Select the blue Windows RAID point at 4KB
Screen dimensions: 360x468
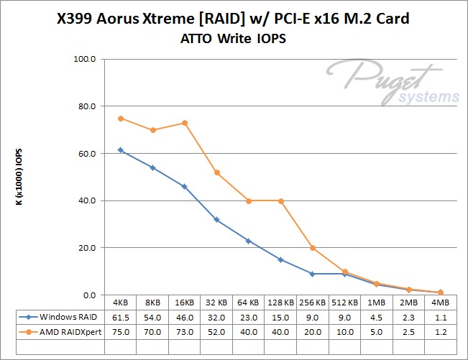121,150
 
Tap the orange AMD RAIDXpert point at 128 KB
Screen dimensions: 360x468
280,200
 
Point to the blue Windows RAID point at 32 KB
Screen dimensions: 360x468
216,220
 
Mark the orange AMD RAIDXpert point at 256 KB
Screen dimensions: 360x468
312,248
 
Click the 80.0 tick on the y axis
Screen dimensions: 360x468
85,106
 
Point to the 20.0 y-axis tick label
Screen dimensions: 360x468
85,248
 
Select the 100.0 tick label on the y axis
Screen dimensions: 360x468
83,59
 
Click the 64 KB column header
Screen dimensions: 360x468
248,303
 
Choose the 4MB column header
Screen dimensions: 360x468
440,303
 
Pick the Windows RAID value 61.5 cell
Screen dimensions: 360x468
121,316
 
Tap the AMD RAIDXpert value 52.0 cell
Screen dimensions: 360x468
216,330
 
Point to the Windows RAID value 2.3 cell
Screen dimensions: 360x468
408,316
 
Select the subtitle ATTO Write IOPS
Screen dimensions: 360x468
234,40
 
